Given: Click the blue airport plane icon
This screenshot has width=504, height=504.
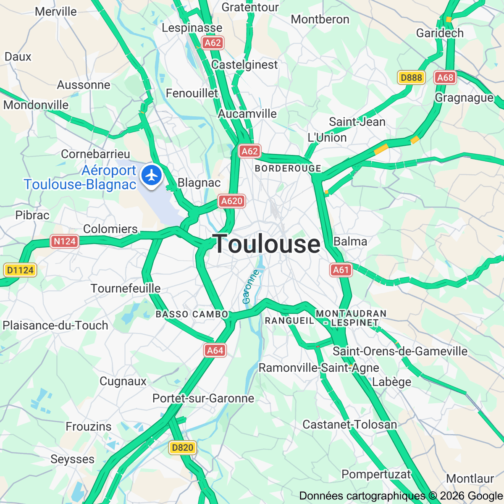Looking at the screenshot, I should [152, 175].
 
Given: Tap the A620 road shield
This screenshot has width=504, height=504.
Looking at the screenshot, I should [231, 201].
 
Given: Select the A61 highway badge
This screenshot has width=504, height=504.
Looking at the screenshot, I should [341, 270].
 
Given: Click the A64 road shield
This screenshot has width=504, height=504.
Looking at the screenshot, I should [215, 350].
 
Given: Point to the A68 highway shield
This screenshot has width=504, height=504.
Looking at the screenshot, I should [445, 77].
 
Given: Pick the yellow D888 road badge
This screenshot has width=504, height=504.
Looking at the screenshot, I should [411, 77].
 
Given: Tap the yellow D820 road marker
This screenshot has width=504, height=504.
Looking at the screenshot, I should [183, 448].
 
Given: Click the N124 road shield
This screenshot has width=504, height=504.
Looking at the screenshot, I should [65, 241].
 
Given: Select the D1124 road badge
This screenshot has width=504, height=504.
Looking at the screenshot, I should [20, 270].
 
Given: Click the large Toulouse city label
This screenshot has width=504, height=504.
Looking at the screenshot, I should [267, 244].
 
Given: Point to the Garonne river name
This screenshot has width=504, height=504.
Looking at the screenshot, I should [250, 287].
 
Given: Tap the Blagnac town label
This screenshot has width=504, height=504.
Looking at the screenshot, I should [199, 183].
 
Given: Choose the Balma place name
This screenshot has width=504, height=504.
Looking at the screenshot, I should [350, 241].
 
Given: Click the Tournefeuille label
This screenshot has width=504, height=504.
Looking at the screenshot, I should [126, 289].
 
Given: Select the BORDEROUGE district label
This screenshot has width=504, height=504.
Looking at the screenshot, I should [288, 168].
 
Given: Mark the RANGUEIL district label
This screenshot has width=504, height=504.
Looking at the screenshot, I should [289, 321].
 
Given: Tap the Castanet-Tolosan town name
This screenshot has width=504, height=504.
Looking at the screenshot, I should [350, 425].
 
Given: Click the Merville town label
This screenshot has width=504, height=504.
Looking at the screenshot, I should [56, 11].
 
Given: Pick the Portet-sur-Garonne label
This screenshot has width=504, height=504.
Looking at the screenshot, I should [203, 398].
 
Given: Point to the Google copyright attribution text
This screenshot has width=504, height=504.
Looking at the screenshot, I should [401, 496].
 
